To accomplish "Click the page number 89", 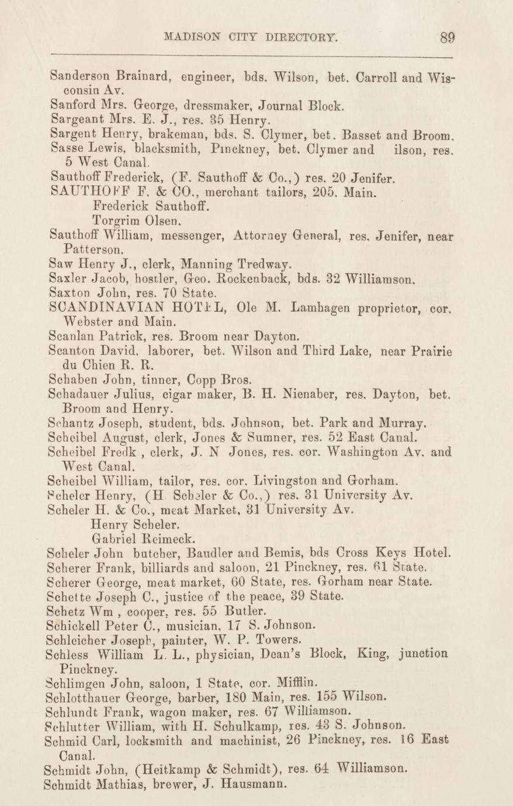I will tap(448, 38).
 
